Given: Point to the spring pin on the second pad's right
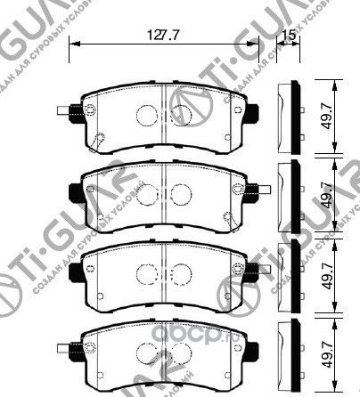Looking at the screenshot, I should [x=259, y=188].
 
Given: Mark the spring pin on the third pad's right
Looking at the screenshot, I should [x=259, y=266].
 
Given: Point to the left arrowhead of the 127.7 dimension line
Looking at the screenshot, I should [x=74, y=44].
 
